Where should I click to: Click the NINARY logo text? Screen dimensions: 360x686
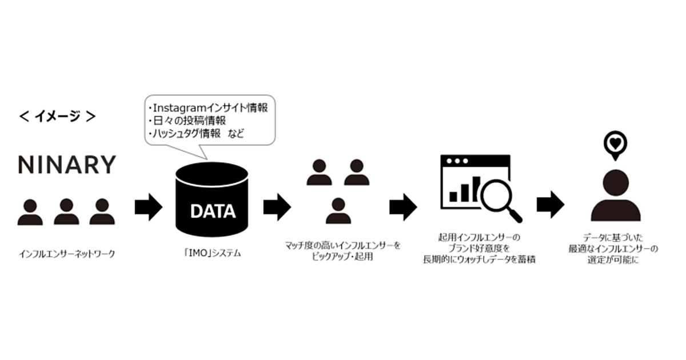(x=67, y=165)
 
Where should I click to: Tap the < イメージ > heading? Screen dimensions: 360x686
(x=57, y=116)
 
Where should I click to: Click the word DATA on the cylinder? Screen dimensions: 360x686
(x=213, y=211)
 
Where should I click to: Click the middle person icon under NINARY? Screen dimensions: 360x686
(x=66, y=211)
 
